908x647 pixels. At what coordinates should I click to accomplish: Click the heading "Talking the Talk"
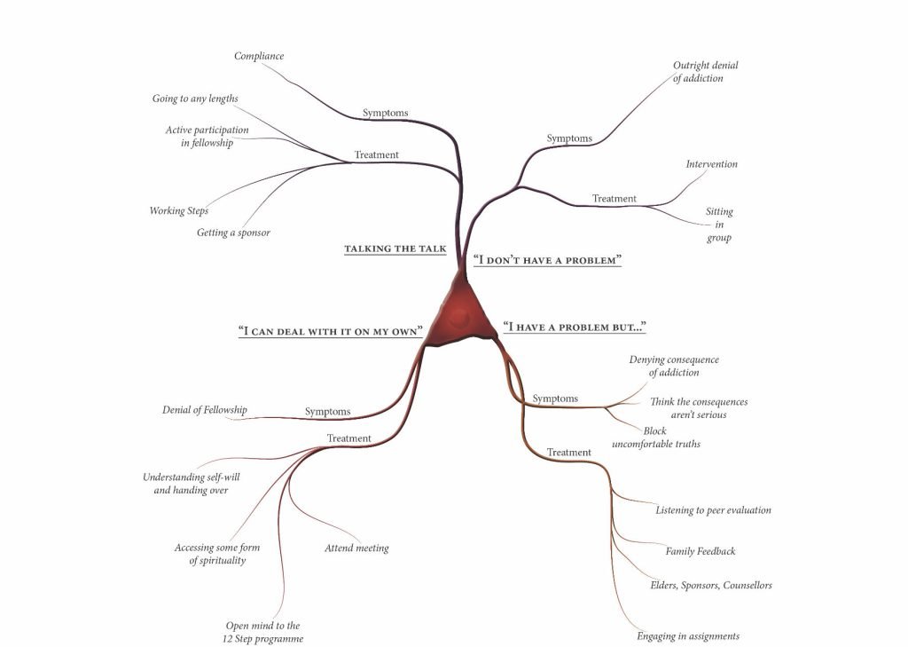coord(395,249)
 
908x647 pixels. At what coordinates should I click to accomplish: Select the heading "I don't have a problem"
coord(547,260)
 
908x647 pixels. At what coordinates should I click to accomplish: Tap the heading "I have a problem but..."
coord(574,327)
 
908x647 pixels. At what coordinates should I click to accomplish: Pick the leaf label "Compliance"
coord(259,56)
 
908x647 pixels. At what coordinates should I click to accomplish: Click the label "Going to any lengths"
coord(195,99)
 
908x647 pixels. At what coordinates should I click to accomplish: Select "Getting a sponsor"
coord(233,233)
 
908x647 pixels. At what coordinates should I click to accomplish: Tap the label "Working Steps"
coord(179,211)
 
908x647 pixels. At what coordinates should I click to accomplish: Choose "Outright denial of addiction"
coord(705,72)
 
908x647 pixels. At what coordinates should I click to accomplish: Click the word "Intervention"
coord(711,164)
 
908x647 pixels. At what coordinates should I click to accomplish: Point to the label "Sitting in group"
coord(719,225)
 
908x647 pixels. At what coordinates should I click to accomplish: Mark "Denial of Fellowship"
coord(204,410)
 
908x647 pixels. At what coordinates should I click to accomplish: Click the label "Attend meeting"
coord(356,548)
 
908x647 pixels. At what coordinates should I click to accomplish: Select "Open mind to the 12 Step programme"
coord(262,633)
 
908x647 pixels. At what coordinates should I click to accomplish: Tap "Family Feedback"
coord(701,551)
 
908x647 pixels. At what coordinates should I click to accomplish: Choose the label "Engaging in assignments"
coord(688,635)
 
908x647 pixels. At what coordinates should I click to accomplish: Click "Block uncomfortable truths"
coord(655,438)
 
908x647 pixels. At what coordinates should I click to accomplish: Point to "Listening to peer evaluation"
coord(713,510)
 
